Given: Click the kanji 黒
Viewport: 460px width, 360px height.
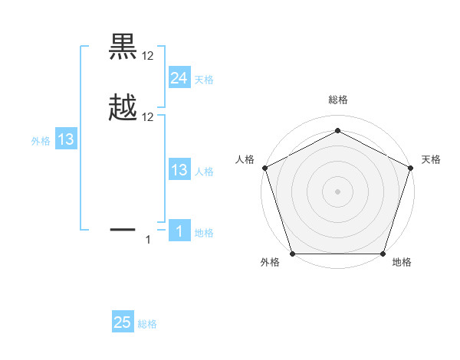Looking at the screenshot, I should coord(123,47).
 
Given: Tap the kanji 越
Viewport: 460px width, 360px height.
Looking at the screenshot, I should coord(123,107).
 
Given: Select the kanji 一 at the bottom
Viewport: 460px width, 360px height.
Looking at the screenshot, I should coord(123,228).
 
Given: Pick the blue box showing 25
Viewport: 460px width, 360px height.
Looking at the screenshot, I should coord(123,322).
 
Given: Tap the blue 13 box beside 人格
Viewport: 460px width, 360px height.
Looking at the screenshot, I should coord(179,170).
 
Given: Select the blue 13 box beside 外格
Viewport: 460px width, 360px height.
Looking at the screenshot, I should coord(66,139).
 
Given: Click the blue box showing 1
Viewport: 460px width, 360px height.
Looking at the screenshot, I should coord(179,231).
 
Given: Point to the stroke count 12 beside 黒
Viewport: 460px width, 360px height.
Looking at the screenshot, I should coord(148,56).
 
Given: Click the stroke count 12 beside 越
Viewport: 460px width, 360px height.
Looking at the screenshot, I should coord(148,117).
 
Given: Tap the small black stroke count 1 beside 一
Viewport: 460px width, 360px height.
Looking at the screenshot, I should coord(149,240).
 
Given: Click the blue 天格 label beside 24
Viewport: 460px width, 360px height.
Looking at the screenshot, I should coord(204,79).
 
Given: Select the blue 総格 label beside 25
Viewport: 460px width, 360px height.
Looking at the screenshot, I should coord(147,324).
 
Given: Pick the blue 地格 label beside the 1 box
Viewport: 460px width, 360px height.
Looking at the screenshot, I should coord(204,233).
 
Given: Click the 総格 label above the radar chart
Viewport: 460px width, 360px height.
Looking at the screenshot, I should coord(337,100).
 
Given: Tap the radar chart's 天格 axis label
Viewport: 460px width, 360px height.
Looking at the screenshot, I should coord(431,159).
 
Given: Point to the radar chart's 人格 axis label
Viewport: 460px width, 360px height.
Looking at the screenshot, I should coord(245,159).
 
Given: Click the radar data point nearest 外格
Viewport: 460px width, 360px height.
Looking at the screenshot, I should coord(292,254).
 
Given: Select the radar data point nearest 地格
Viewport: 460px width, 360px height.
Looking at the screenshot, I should coord(383,254).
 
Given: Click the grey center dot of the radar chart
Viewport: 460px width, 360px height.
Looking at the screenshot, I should coord(337,191).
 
